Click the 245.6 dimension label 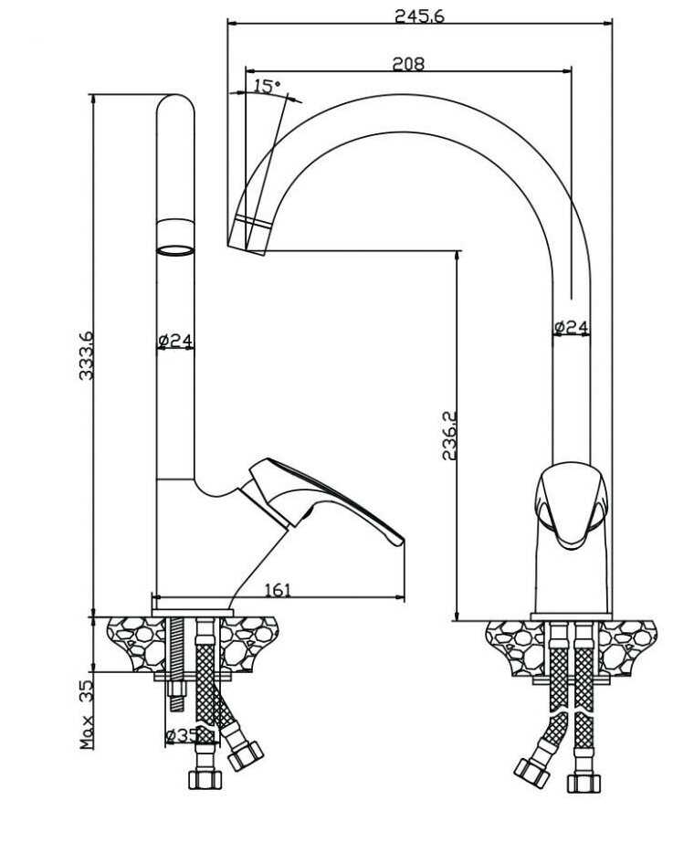(419, 16)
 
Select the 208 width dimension (408, 64)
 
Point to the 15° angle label (267, 86)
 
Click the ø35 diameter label (183, 734)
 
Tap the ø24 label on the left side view (175, 342)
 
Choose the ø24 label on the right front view (572, 326)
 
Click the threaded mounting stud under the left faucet (175, 667)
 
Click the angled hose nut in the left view (245, 754)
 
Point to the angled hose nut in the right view (531, 771)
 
